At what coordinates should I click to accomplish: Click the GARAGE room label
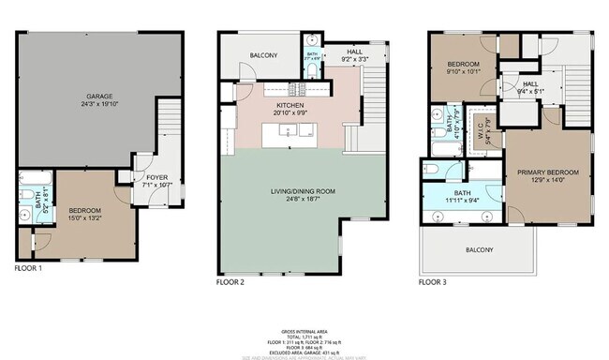(99, 96)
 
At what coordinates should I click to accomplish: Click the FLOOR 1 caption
(28, 267)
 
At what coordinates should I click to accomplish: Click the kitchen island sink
(292, 132)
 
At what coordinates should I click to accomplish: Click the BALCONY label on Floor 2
(263, 56)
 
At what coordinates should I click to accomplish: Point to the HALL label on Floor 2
(355, 53)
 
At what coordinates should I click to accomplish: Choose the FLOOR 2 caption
(230, 281)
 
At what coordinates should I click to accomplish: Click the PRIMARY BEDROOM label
(548, 172)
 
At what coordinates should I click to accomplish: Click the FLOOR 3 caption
(432, 281)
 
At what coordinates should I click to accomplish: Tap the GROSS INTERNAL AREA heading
(305, 331)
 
